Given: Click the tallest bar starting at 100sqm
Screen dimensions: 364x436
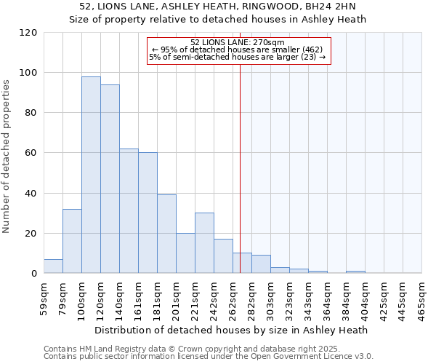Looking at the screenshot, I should click(x=91, y=175).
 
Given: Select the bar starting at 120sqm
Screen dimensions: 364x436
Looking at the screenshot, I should click(x=110, y=179).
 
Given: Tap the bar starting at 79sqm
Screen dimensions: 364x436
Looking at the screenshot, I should click(x=72, y=241).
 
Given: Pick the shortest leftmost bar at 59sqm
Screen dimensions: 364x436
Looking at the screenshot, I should click(x=53, y=266).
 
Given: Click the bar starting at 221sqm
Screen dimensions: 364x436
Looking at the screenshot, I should click(x=204, y=243).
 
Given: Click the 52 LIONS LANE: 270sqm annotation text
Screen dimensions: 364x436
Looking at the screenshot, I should click(x=238, y=42).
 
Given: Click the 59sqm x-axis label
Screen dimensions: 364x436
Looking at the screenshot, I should click(x=44, y=294).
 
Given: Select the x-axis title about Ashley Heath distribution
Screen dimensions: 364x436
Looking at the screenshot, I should click(x=231, y=330).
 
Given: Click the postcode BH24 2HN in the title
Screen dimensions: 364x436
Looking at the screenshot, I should click(x=331, y=7).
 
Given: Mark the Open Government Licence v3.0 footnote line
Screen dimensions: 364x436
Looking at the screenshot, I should click(x=209, y=357).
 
